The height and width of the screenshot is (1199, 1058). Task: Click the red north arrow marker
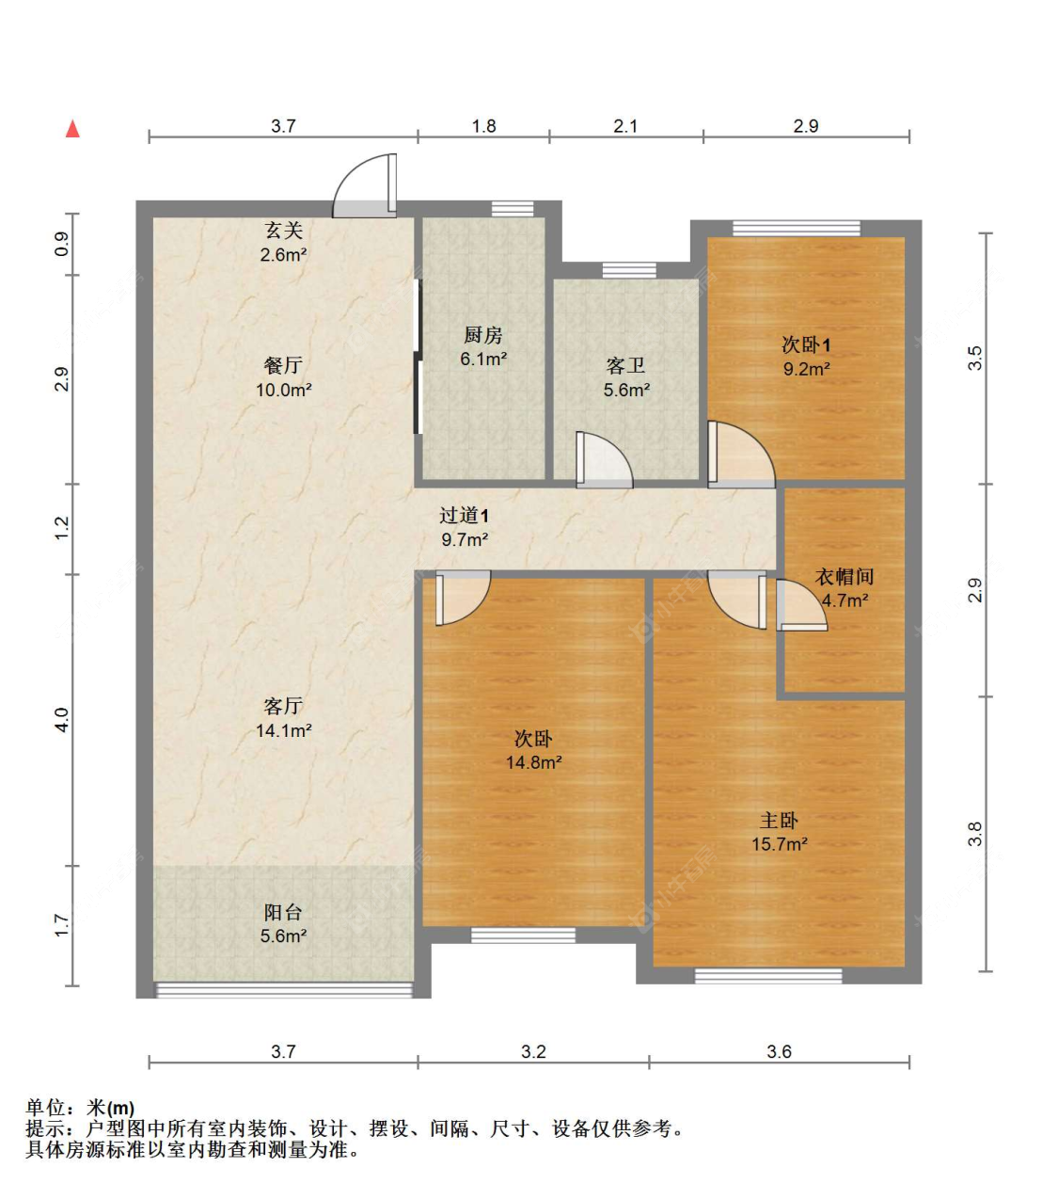pos(72,129)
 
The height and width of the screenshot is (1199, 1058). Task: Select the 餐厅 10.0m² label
pos(283,376)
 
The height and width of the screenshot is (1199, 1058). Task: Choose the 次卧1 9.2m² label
pos(806,357)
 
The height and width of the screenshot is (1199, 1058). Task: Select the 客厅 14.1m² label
pos(283,717)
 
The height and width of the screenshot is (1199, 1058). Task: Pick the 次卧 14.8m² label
pos(533,750)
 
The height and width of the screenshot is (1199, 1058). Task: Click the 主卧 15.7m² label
pos(779,832)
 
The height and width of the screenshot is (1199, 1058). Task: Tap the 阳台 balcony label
pos(283,923)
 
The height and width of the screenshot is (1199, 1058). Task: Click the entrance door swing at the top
pos(365,185)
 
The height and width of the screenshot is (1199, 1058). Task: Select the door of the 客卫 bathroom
pos(603,461)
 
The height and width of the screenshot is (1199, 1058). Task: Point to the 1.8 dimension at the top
pos(483,126)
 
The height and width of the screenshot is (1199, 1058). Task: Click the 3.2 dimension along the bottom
pos(533,1051)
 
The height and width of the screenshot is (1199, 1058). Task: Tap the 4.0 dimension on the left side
pos(62,720)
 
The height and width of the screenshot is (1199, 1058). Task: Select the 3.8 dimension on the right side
pos(975,834)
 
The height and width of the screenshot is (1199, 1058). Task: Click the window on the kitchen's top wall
pos(513,209)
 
